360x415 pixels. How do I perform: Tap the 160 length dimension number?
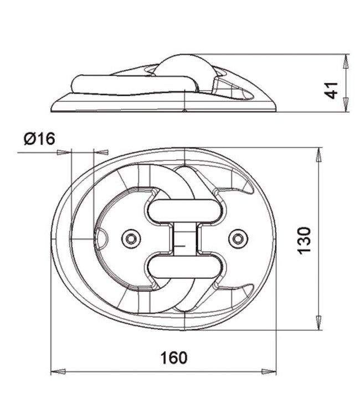pos(174,357)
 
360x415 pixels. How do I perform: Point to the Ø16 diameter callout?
pos(39,138)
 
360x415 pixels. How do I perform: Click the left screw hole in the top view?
pos(131,238)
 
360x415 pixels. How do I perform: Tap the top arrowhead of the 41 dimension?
pos(346,61)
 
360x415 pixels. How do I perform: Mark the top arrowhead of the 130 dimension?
pos(318,155)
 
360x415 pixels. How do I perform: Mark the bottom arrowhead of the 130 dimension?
pos(318,323)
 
